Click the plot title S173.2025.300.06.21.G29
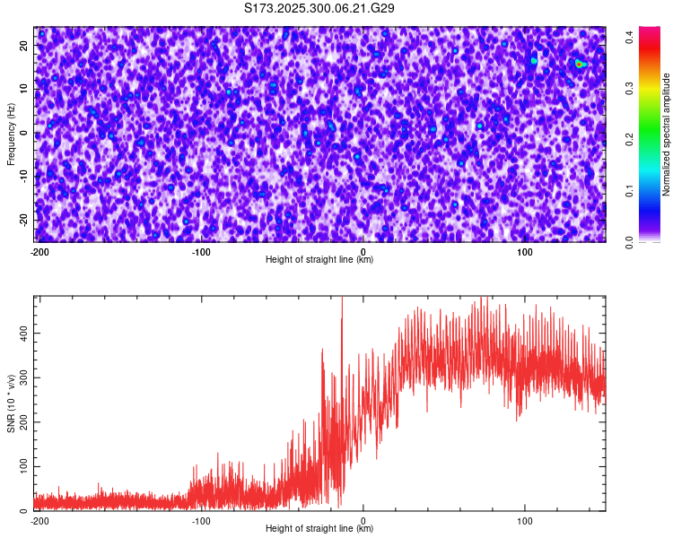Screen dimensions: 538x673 (320, 8)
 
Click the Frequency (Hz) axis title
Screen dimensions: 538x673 (11, 134)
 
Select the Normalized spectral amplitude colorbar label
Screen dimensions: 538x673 (667, 134)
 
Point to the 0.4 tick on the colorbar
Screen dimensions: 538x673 (631, 37)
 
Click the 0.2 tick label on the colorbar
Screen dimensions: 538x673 (631, 139)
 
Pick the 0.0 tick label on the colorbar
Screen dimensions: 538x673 (631, 241)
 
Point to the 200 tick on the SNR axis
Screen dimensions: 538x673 (21, 422)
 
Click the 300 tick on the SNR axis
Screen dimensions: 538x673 (21, 377)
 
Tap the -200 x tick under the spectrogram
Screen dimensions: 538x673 (39, 252)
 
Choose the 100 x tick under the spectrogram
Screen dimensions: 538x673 (525, 252)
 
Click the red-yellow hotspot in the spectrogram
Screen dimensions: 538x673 (580, 64)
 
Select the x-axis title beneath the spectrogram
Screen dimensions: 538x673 (319, 260)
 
